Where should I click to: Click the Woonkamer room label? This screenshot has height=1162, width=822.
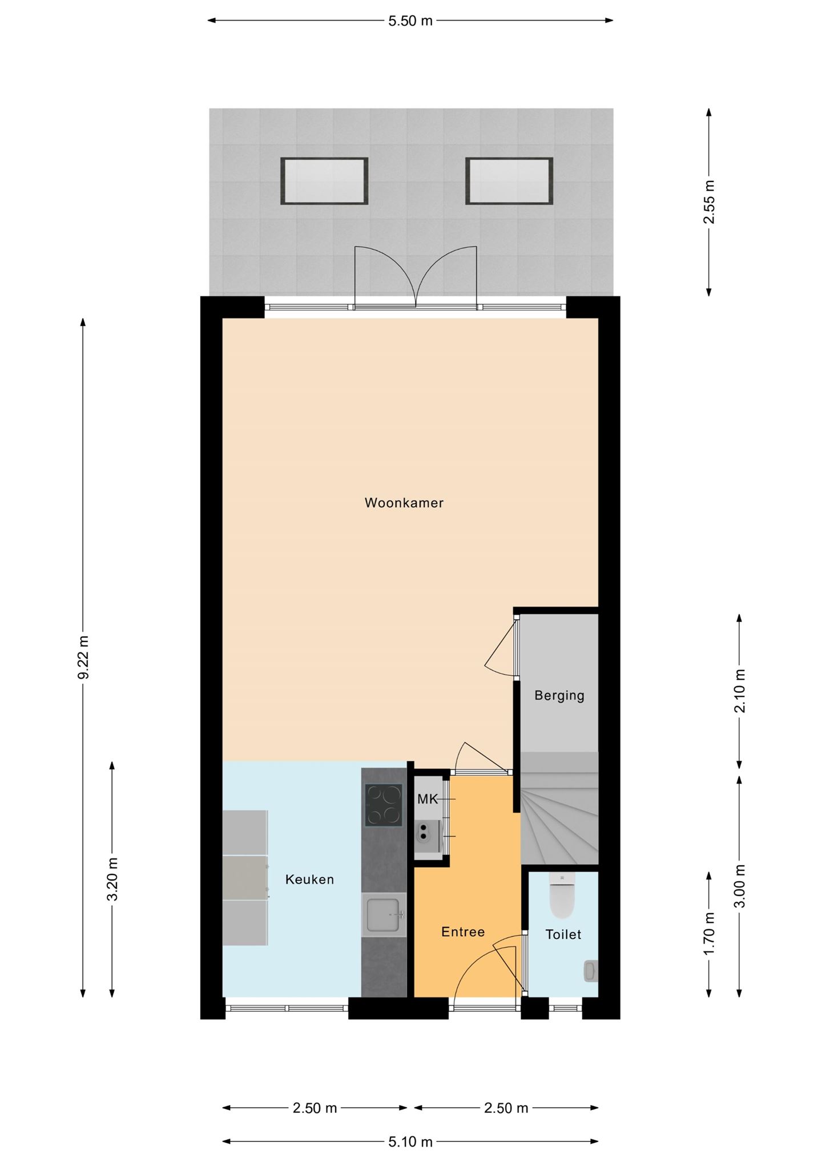tap(404, 503)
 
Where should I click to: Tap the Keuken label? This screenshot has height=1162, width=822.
tap(309, 879)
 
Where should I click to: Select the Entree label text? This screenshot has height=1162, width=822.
tap(463, 932)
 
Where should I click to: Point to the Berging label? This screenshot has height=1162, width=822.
tap(559, 696)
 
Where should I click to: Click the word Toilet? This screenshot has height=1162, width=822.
tap(563, 934)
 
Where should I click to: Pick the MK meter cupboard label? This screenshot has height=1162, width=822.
tap(428, 799)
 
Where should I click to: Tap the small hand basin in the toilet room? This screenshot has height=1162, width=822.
tap(591, 971)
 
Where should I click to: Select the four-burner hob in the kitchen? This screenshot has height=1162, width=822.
tap(384, 805)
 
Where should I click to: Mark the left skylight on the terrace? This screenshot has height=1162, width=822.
tap(324, 181)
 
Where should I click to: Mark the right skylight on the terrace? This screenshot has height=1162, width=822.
tap(509, 181)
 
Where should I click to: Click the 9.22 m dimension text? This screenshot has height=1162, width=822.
tap(84, 657)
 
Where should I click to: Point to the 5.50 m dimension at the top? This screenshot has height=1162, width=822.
tap(410, 21)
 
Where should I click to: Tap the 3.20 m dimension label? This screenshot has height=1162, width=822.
tap(112, 879)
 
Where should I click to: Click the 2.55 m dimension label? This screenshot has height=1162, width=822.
tap(710, 202)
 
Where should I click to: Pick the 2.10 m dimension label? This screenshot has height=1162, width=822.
tap(740, 691)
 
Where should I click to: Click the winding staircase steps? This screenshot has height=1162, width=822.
tap(559, 808)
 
